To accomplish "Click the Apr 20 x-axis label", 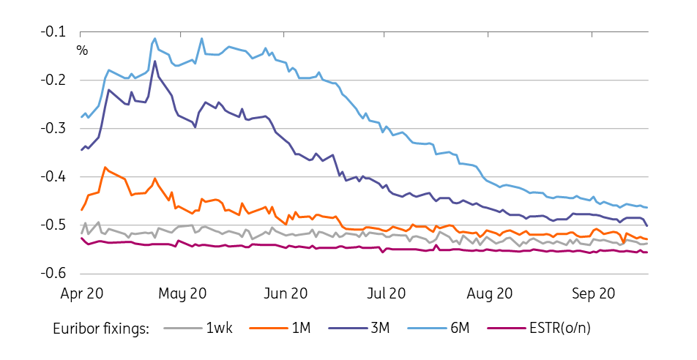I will pos(81,294).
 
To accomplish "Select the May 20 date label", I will pos(182,294).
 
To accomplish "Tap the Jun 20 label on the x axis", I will pos(285,294).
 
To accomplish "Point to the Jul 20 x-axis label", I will pos(386,294).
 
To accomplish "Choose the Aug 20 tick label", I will pos(488,294).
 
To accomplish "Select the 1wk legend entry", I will pos(220,329).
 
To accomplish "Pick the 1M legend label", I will pos(300,329).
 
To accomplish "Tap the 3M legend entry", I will pos(380,329).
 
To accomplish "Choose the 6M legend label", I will pos(459,329).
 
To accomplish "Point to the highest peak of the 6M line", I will pos(155,39).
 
